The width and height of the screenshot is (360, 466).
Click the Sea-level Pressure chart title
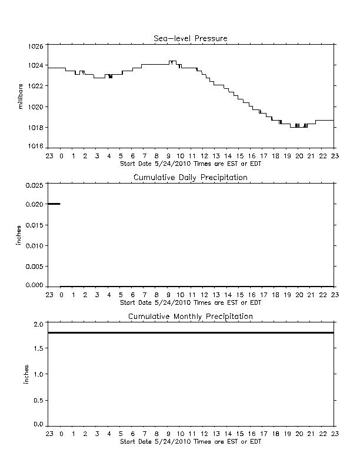point(191,38)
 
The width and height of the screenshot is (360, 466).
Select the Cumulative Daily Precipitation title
point(191,178)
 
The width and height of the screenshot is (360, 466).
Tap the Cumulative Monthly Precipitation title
point(191,317)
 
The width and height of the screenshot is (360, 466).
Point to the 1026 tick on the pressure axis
point(36,46)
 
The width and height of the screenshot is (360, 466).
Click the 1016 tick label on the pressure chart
point(36,147)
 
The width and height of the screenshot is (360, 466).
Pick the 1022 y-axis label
point(36,86)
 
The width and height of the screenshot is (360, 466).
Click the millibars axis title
point(20,96)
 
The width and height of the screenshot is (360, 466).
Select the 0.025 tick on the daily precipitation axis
point(35,185)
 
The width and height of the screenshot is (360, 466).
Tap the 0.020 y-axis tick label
point(35,204)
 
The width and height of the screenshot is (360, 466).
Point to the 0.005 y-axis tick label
point(35,267)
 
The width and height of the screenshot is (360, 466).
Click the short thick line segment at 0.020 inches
point(54,204)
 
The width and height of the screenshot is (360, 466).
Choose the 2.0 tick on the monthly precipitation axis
point(39,324)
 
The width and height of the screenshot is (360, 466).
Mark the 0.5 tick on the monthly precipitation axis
point(39,400)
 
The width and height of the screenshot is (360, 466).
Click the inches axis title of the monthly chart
point(26,374)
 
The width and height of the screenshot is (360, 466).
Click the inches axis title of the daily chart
point(18,235)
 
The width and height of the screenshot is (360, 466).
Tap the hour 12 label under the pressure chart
point(204,156)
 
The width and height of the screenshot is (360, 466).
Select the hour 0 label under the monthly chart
point(62,434)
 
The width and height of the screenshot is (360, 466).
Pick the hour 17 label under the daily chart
point(264,295)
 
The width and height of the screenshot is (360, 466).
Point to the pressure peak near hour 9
point(172,61)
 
